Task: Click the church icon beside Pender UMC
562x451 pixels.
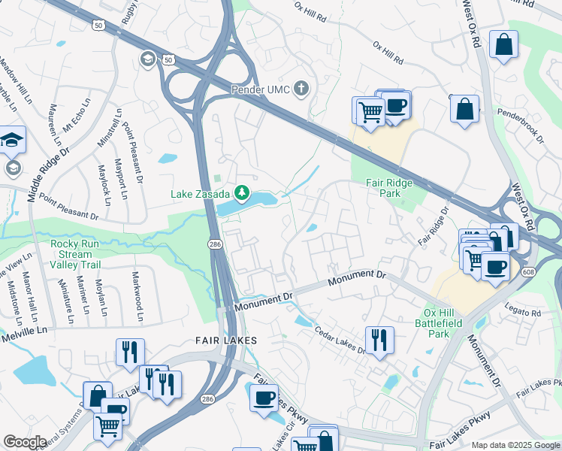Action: (301, 89)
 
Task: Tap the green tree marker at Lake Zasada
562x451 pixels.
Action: (242, 194)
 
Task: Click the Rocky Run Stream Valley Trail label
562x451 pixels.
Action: (86, 254)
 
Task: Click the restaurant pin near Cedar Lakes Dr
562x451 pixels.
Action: (379, 340)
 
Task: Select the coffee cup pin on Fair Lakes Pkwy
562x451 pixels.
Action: (264, 398)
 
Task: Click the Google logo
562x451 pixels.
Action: (25, 442)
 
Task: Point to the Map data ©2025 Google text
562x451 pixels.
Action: (515, 445)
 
